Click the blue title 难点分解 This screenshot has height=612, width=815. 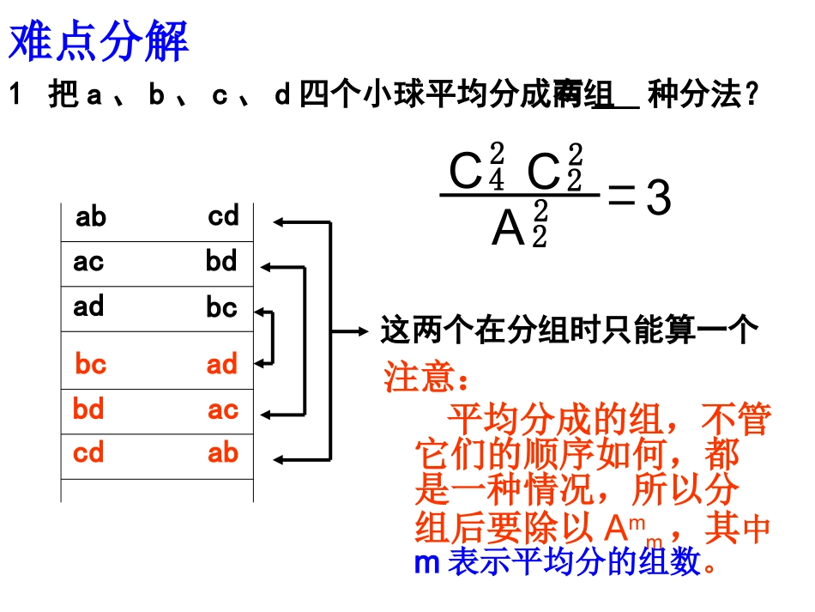(98, 41)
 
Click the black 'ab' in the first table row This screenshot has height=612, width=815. (90, 217)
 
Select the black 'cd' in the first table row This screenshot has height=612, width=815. (223, 216)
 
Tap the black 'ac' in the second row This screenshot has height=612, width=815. (88, 262)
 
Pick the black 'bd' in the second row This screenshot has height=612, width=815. (221, 261)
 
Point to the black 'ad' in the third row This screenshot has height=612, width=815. (88, 306)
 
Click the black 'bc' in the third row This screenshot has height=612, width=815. (221, 307)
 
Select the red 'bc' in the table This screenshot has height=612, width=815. (90, 365)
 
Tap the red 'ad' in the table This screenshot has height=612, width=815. (221, 365)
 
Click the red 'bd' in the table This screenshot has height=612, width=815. (88, 409)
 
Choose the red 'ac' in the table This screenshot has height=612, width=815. (222, 410)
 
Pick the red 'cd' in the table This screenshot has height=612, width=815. (88, 452)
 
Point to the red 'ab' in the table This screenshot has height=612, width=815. (222, 452)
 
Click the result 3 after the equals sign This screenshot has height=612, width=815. (657, 199)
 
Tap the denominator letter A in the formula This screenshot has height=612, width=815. (508, 228)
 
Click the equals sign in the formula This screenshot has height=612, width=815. (621, 197)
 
